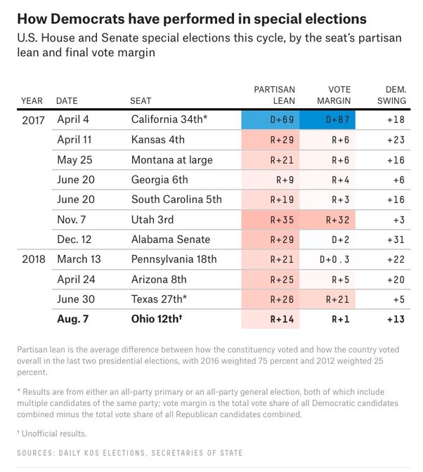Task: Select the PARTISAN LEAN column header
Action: (x=274, y=96)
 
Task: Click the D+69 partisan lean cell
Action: (x=270, y=120)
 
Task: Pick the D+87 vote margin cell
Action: (x=327, y=120)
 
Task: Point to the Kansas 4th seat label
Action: (x=158, y=140)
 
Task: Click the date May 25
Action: (x=75, y=159)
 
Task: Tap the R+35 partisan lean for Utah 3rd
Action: (x=270, y=219)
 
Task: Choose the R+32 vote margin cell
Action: (x=327, y=219)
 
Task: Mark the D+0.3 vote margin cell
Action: (x=327, y=259)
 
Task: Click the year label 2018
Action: (x=33, y=259)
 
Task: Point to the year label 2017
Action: (x=33, y=120)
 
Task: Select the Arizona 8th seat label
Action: (x=159, y=279)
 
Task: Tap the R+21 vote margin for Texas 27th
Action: (x=327, y=299)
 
